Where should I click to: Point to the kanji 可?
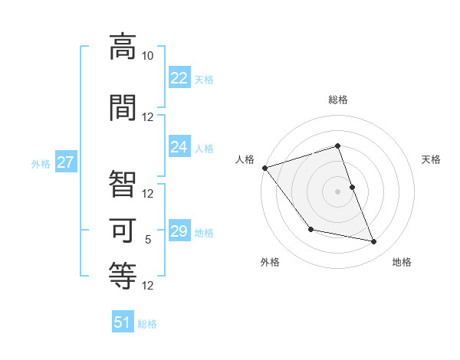[x=123, y=229]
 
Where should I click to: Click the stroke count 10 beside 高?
[x=147, y=55]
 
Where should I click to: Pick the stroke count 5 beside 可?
[x=148, y=240]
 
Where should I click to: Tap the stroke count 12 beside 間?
[x=148, y=116]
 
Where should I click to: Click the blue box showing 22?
[x=179, y=78]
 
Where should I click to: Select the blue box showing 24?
[x=179, y=147]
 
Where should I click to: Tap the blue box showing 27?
[x=65, y=162]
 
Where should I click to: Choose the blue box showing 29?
[x=179, y=231]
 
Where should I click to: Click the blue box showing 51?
[x=123, y=322]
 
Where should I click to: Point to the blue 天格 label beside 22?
[x=204, y=79]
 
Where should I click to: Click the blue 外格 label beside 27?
[x=41, y=163]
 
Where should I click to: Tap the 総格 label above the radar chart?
[x=338, y=100]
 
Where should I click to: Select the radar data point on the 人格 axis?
[x=264, y=168]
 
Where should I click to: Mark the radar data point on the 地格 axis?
[x=374, y=242]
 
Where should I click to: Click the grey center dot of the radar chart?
[x=338, y=191]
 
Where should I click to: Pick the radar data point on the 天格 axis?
[x=352, y=187]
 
